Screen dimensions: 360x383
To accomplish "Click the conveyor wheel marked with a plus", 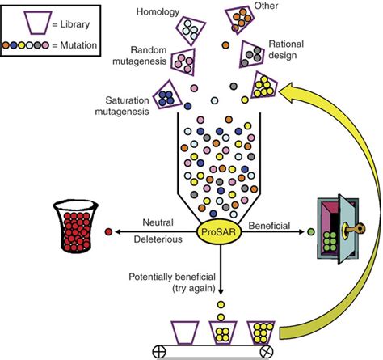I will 161,353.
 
